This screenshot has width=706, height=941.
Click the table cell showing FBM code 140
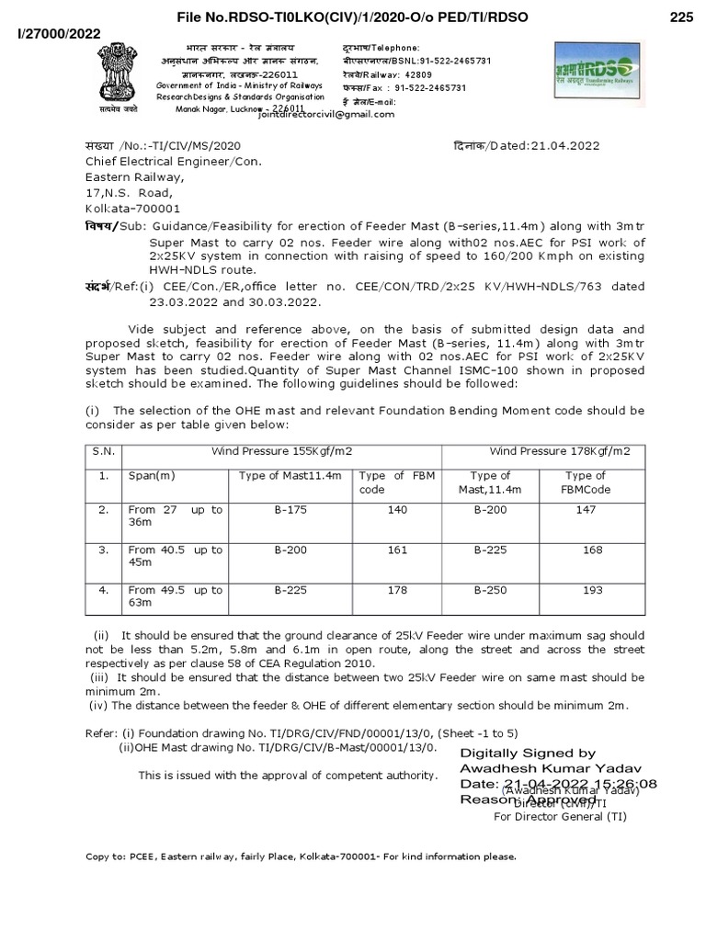coord(397,510)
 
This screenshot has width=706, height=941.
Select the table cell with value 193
coord(593,591)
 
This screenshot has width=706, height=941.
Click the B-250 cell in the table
coord(489,591)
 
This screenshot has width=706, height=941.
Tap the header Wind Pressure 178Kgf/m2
coord(559,451)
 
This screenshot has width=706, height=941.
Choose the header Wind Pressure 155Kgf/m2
coord(282,451)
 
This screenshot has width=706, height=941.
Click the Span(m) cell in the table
coord(151,476)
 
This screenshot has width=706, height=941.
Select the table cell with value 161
coord(397,550)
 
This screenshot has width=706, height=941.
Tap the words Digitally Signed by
coord(528,753)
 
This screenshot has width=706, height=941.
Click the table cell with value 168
coord(593,550)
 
